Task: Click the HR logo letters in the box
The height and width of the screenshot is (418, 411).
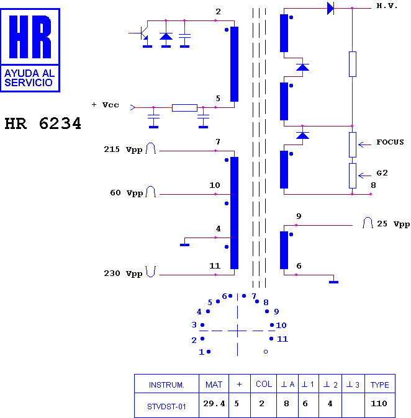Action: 30,37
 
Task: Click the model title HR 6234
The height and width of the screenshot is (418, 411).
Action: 43,123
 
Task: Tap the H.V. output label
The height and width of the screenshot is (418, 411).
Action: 387,6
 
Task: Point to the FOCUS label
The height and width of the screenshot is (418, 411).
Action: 390,142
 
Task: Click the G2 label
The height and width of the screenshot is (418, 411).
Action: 382,173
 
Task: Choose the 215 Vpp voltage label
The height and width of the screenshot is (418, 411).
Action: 123,149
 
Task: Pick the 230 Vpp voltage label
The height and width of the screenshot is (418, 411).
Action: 123,273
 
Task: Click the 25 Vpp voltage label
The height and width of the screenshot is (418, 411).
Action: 393,224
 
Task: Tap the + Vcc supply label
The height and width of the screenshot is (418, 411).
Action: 105,105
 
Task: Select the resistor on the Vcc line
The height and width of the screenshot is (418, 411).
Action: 184,108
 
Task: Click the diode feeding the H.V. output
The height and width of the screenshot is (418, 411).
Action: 330,8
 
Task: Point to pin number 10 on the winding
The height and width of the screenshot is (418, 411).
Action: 215,185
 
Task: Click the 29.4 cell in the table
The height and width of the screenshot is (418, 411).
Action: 214,404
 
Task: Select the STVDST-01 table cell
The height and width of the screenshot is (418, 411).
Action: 166,407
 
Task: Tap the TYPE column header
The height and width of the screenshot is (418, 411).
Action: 379,385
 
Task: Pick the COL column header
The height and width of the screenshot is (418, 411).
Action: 264,384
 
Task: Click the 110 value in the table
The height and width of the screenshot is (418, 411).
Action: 379,404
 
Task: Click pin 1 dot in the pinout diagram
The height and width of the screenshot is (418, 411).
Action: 209,352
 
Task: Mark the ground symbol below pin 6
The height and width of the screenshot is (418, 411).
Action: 333,282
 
